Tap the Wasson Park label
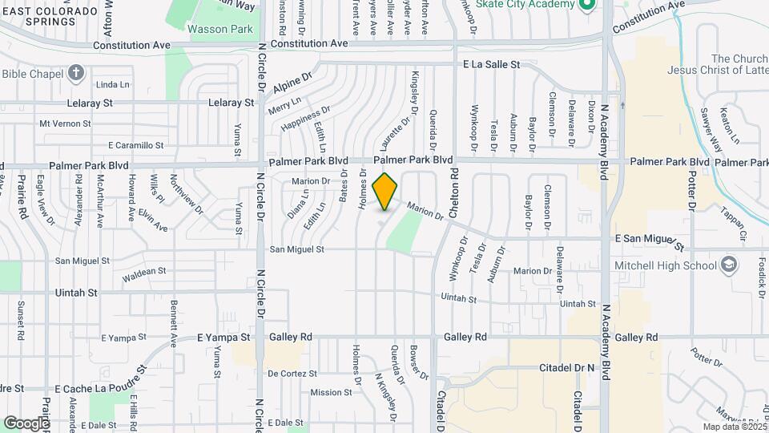coord(219,30)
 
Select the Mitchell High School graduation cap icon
coord(728,265)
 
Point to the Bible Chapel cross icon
coord(76,73)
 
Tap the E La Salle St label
coord(491,63)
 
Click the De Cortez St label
coord(293,373)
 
